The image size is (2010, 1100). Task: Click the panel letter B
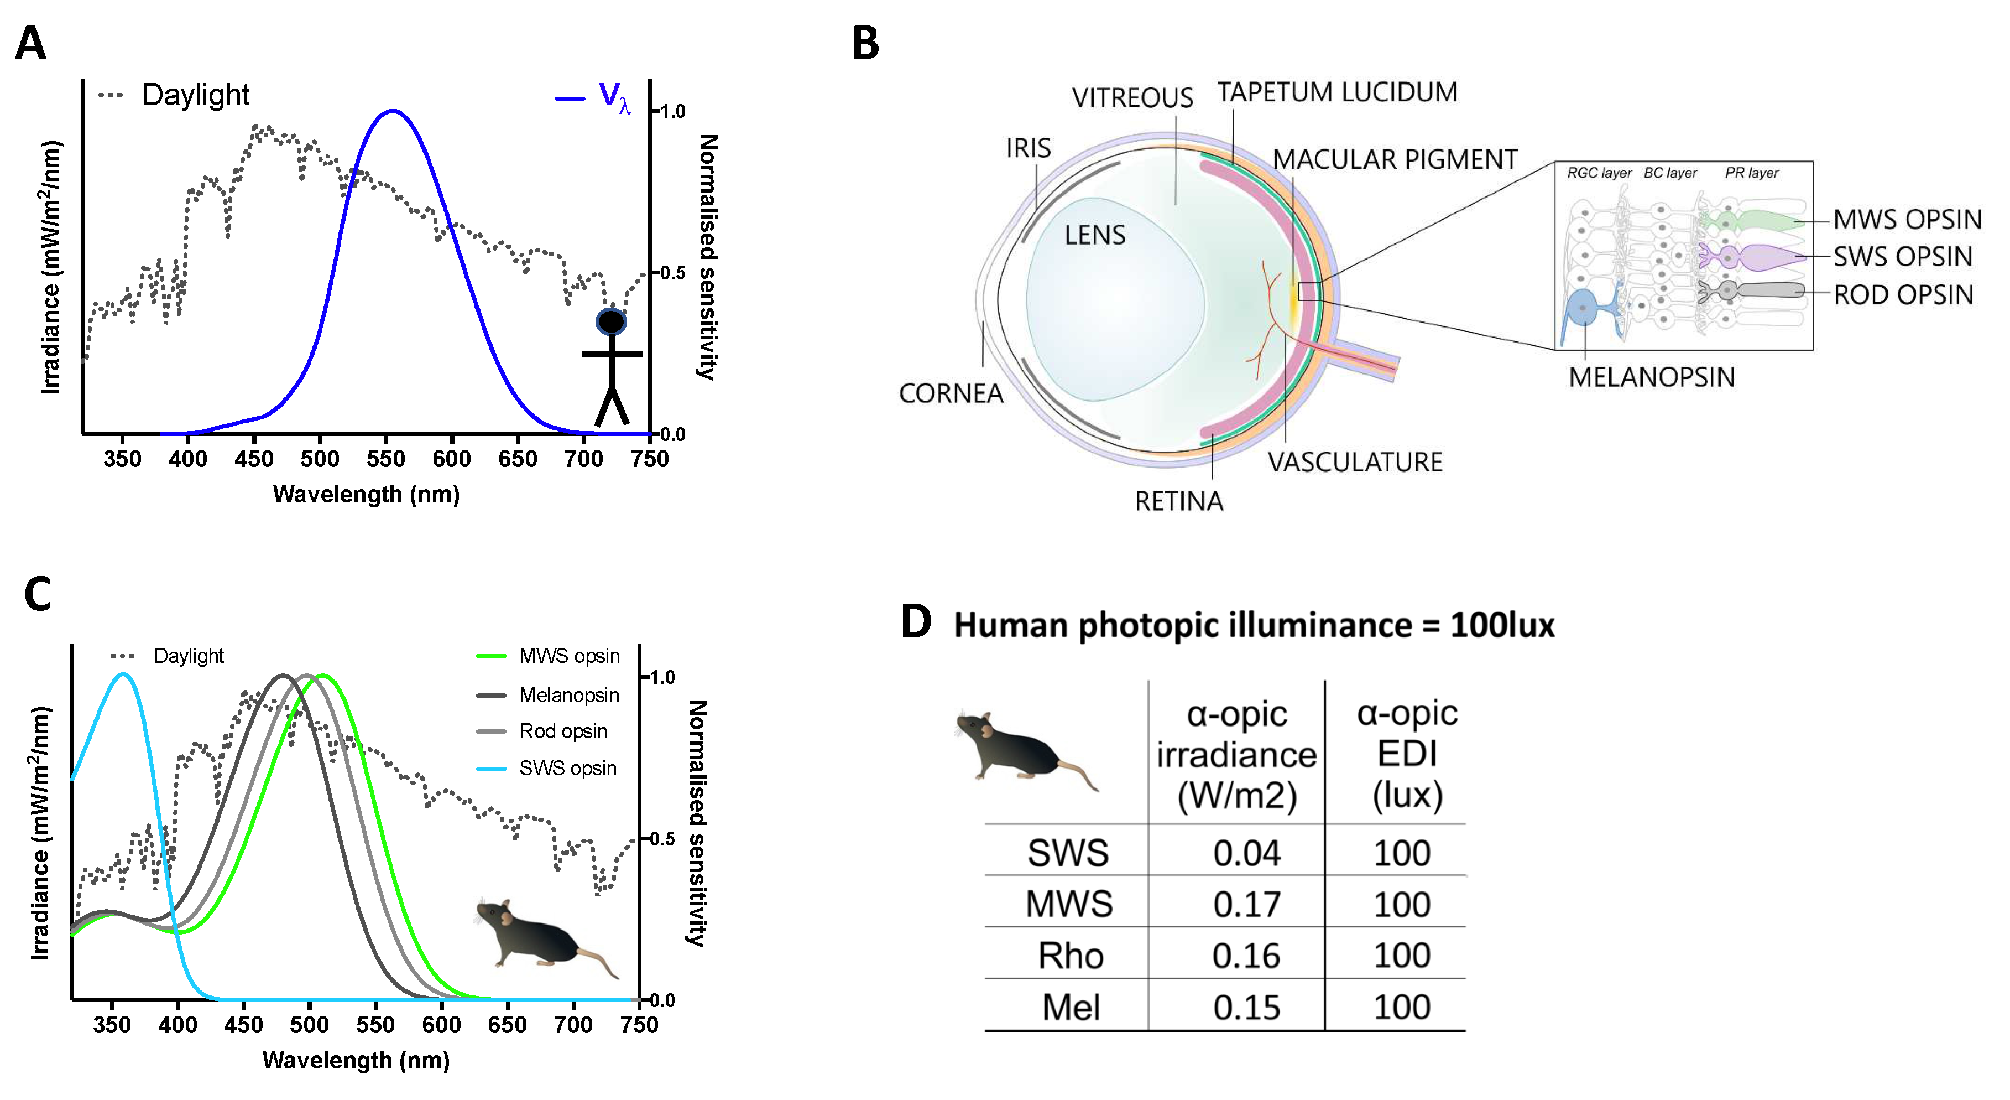click(865, 44)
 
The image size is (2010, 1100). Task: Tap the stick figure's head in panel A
click(611, 321)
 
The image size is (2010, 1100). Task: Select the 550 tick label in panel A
click(385, 459)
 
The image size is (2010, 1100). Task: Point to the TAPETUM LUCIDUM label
click(1336, 92)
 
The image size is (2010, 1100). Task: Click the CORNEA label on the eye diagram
click(951, 393)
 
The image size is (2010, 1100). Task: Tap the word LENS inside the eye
click(1095, 235)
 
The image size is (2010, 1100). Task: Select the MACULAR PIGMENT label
click(1395, 160)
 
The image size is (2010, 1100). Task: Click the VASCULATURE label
click(1355, 462)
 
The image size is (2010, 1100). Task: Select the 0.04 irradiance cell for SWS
click(1246, 853)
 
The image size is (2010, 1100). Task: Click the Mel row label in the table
click(1071, 1007)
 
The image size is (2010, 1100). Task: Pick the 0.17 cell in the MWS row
click(1246, 904)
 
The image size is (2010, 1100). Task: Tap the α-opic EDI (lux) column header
click(1407, 754)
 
